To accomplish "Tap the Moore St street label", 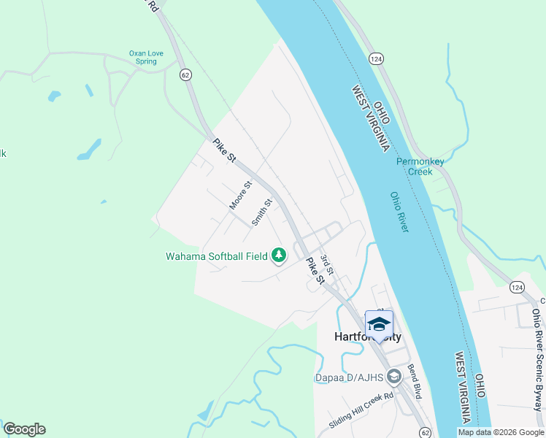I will pos(240,196).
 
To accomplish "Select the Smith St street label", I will pos(261,212).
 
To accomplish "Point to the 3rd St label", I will pos(326,264).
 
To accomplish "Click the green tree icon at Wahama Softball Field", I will pos(278,255).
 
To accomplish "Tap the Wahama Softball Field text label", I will pos(216,256).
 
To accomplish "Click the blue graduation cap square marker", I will pos(379,324).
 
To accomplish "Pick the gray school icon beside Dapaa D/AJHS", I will pos(394,377).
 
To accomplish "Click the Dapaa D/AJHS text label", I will pos(350,377).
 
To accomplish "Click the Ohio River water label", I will pos(399,212).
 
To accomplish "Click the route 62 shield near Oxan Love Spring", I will pos(185,74).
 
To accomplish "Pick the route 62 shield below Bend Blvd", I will pos(426,432).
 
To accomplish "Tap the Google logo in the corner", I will pos(24,429).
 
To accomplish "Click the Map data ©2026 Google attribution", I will pos(500,432).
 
